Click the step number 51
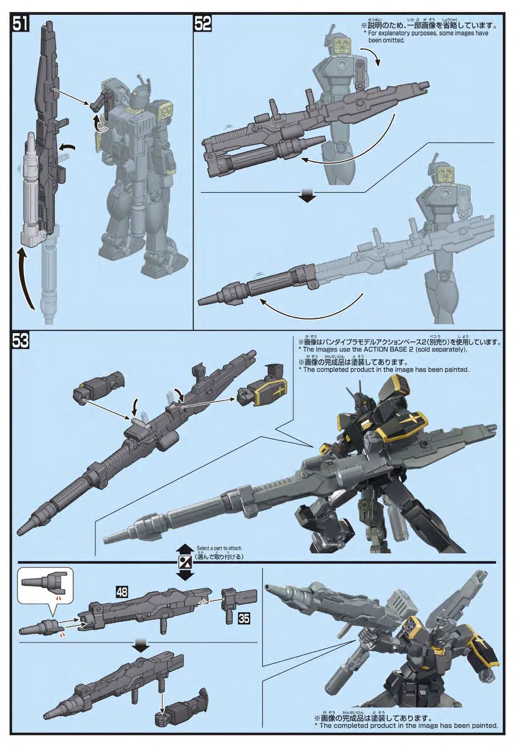(20, 23)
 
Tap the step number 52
(203, 23)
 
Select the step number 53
(20, 341)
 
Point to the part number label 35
(244, 619)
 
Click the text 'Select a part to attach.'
(219, 548)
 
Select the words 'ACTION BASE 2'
(369, 350)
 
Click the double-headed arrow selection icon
(185, 562)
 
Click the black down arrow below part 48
(141, 646)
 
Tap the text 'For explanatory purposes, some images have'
(428, 33)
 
